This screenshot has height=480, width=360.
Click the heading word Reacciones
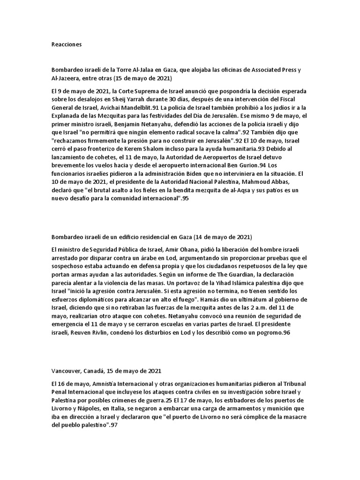tap(67, 45)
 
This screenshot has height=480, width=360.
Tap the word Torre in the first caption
tap(119, 70)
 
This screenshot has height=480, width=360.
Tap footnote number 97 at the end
tap(114, 425)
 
